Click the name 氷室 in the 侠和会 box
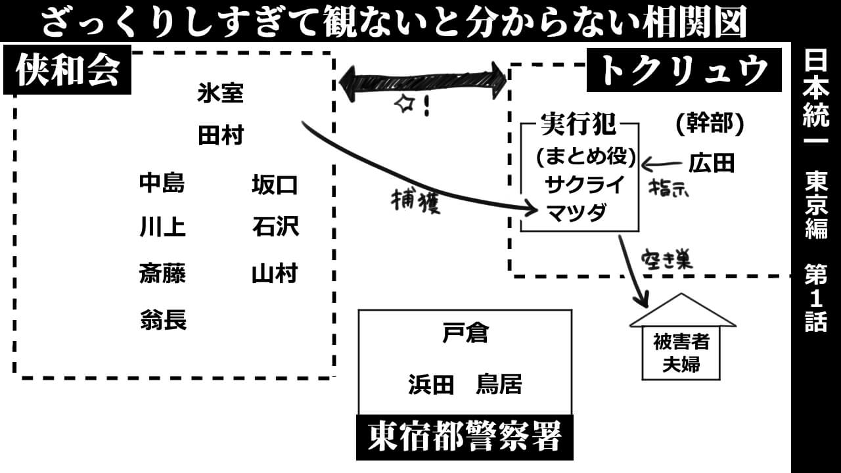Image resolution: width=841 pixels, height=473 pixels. (x=220, y=94)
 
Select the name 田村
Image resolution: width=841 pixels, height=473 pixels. (x=220, y=136)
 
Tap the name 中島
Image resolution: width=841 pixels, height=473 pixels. (x=162, y=184)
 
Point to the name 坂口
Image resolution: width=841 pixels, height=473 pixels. (x=275, y=185)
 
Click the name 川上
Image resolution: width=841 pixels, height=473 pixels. (x=162, y=227)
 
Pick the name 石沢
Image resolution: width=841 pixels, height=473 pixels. (x=275, y=227)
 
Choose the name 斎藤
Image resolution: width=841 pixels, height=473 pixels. (x=162, y=273)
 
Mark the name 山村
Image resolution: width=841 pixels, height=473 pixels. (x=275, y=273)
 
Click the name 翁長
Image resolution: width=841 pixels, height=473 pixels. (x=162, y=321)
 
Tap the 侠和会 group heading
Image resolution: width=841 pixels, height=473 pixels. (x=68, y=70)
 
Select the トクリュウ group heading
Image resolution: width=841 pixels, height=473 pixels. (x=683, y=70)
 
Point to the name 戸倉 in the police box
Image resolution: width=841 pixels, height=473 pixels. (x=465, y=334)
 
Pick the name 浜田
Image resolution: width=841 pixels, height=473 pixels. (x=431, y=384)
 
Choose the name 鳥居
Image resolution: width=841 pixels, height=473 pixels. (x=499, y=384)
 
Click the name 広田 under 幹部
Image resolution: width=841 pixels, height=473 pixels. (x=711, y=163)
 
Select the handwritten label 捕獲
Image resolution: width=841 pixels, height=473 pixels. (x=415, y=202)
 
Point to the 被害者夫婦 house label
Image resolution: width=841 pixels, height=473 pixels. (x=681, y=353)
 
